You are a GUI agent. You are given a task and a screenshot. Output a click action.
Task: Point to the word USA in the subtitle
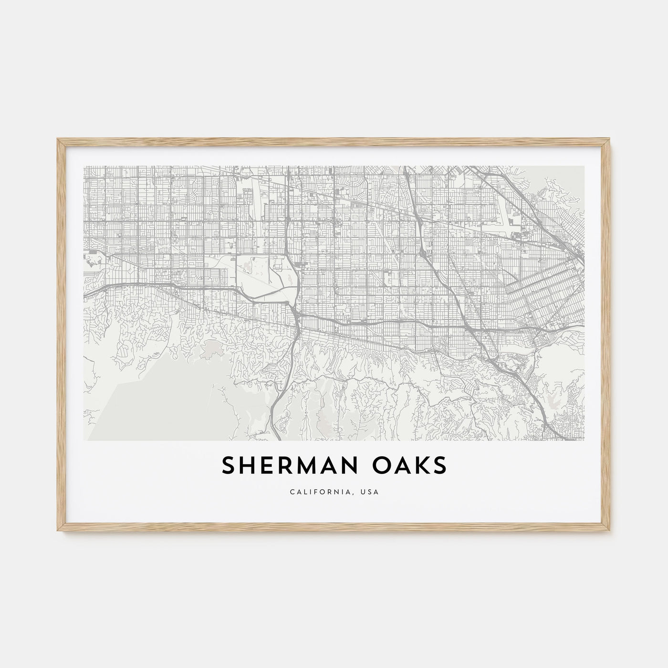(x=370, y=492)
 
